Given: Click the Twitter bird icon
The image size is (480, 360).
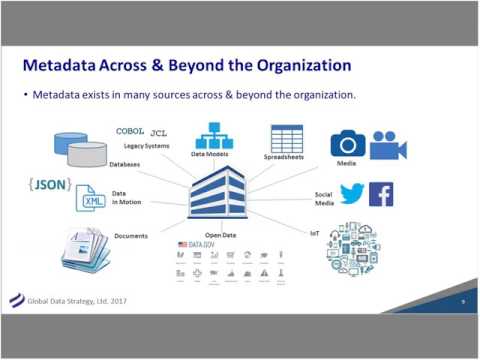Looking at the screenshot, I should click(351, 193).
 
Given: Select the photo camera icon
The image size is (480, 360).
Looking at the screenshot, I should click(348, 143).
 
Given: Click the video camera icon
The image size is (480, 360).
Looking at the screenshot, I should click(388, 144).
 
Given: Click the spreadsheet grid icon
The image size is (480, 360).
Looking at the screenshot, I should click(286, 139).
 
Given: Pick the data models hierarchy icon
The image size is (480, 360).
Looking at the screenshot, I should click(213, 135).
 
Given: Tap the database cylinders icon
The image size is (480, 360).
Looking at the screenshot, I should click(80, 149).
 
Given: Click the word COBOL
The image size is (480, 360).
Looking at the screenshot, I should click(130, 131).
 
